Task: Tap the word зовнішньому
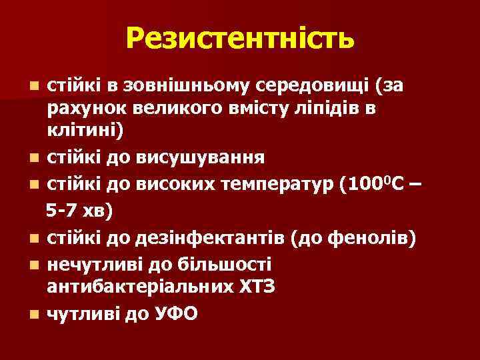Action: (175, 86)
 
